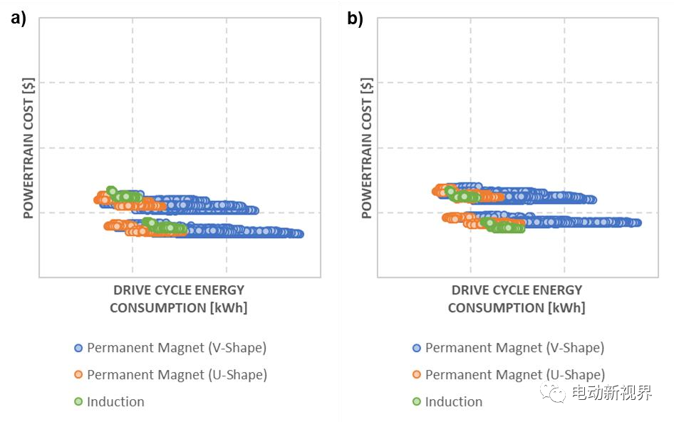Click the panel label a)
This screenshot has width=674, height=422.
[x=18, y=19]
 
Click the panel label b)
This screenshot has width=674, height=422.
[x=355, y=19]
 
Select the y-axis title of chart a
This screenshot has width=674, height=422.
[x=29, y=148]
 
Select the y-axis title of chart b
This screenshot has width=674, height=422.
[x=367, y=148]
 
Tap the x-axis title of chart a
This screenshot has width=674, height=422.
[x=178, y=299]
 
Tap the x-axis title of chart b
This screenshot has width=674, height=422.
[x=517, y=299]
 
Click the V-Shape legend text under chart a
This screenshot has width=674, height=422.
[x=176, y=348]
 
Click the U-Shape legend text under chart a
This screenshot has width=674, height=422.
[x=177, y=374]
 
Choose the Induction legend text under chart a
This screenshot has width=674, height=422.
[x=115, y=401]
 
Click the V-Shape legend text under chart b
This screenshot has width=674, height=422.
[x=514, y=348]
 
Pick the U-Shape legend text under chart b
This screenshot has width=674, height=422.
[x=515, y=374]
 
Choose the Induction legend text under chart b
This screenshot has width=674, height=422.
[x=454, y=401]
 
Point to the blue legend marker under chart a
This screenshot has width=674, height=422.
[x=78, y=349]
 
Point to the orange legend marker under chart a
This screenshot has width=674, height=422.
[x=78, y=375]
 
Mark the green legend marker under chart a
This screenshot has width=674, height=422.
[x=78, y=402]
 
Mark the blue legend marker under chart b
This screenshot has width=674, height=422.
[x=417, y=349]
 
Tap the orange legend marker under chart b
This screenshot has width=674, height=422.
[x=417, y=375]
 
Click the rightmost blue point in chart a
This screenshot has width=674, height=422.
[x=299, y=234]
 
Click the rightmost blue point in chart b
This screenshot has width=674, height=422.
[x=637, y=222]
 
